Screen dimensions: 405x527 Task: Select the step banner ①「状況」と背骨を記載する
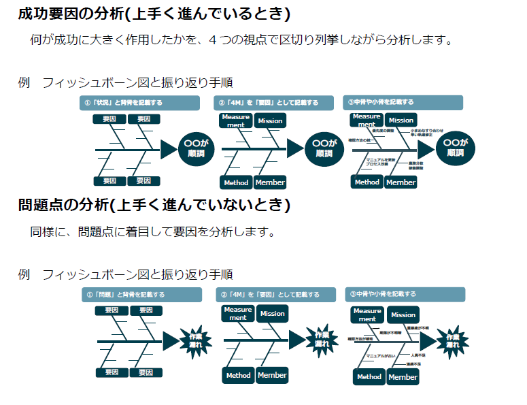click(139, 103)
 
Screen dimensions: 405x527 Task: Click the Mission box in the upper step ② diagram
click(270, 121)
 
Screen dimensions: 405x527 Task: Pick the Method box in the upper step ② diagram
click(236, 182)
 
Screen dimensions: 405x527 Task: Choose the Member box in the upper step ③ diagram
click(401, 182)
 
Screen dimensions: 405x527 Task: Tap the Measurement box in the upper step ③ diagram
click(366, 120)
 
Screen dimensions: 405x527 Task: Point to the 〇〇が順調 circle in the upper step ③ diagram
click(455, 148)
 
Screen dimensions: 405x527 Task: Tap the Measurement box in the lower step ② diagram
click(238, 313)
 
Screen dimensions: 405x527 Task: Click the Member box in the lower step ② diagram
click(272, 375)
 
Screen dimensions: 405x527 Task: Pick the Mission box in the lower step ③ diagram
click(403, 314)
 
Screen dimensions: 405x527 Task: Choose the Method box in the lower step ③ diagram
click(369, 376)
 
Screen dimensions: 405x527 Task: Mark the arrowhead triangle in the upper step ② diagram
click(294, 148)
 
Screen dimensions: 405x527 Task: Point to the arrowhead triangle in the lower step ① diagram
click(170, 340)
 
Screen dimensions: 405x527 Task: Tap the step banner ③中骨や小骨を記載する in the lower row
click(405, 295)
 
